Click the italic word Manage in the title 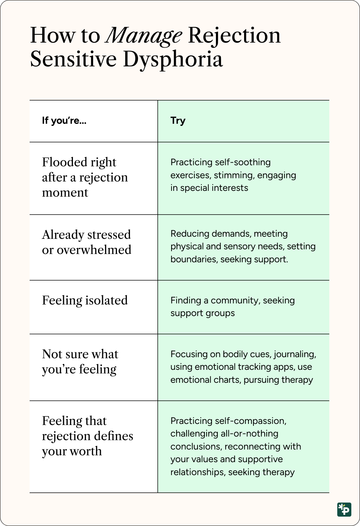click(x=144, y=36)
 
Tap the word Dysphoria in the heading click(x=173, y=60)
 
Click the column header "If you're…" click(x=64, y=121)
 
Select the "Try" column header click(x=178, y=121)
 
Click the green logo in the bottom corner click(x=344, y=510)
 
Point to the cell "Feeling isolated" click(x=85, y=300)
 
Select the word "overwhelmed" click(x=94, y=250)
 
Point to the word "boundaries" click(x=194, y=259)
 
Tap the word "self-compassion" click(x=250, y=421)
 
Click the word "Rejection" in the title click(x=234, y=36)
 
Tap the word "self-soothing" click(x=243, y=162)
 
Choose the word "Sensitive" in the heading click(x=73, y=60)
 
